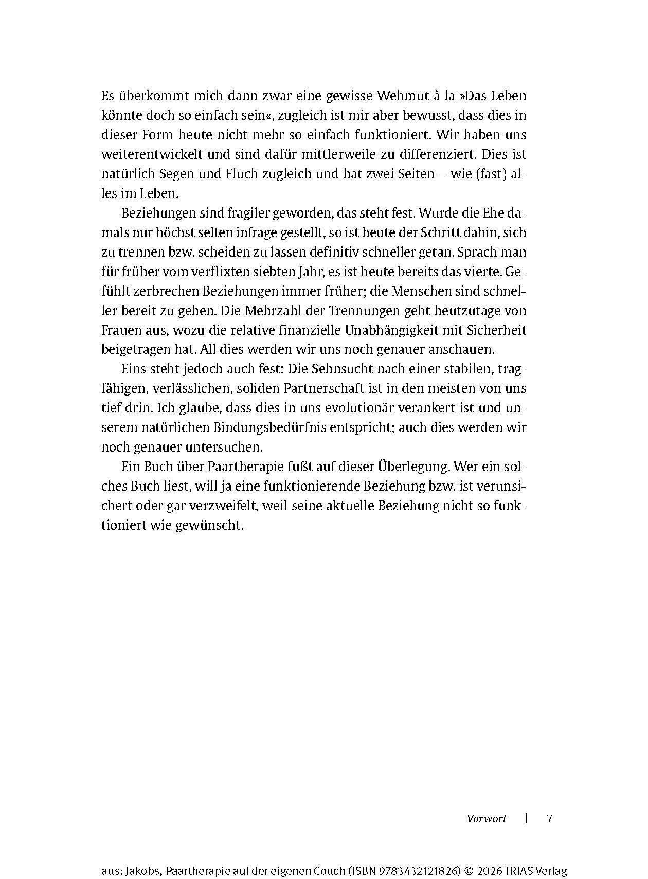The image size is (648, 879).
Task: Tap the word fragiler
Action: click(x=244, y=213)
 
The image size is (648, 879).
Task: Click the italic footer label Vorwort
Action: click(x=487, y=818)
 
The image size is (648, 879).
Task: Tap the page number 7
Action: click(x=549, y=818)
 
